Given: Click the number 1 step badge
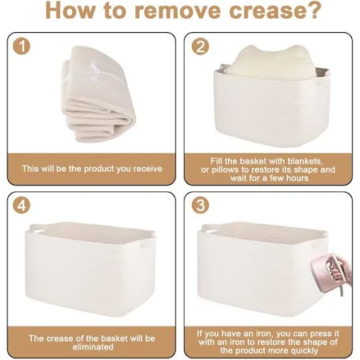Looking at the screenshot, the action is coord(22,46).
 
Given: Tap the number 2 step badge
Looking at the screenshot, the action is coord(200,46).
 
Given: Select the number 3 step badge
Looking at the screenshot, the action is coord(200,205).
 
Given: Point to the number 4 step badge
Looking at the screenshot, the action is coord(22,205).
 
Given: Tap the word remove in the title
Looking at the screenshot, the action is coord(178,10).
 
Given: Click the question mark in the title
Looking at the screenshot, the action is coord(313,10).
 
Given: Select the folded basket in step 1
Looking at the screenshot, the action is coord(98,94).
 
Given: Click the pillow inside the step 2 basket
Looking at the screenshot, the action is coord(270,63).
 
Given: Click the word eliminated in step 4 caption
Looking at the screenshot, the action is coord(93,347).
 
